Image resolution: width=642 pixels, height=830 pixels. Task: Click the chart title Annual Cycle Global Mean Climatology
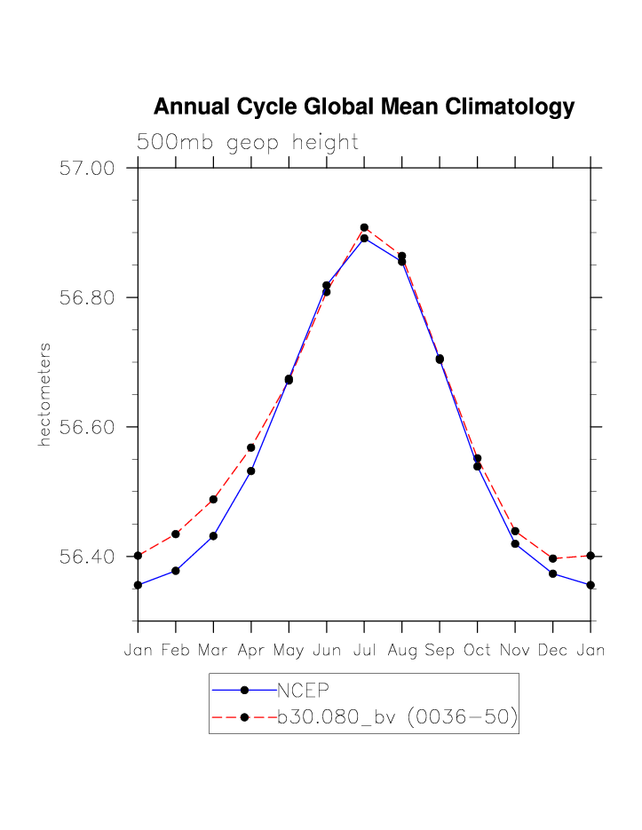tap(364, 107)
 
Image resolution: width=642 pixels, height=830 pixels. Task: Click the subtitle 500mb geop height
tap(247, 142)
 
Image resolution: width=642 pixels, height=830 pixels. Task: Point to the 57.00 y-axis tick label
tap(88, 168)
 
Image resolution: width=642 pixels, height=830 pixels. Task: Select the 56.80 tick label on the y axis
tap(88, 297)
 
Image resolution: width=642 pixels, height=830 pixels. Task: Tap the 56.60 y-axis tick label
tap(88, 427)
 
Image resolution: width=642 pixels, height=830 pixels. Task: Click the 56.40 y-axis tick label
tap(88, 557)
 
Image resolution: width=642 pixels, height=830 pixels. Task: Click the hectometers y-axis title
tap(44, 393)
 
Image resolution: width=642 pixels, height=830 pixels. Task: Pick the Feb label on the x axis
tap(176, 651)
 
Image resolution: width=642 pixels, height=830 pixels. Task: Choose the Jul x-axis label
tap(364, 651)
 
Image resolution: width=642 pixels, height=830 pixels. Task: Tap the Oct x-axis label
tap(478, 651)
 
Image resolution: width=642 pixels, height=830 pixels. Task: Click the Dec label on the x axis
tap(553, 651)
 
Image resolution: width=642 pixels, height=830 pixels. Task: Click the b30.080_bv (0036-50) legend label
tap(397, 716)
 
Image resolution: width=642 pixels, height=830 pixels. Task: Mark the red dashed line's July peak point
tap(364, 227)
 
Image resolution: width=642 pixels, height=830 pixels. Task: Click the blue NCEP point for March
tap(213, 536)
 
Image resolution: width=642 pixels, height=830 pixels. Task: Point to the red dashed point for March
tap(213, 500)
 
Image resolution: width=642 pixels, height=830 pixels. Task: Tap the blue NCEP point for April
tap(251, 470)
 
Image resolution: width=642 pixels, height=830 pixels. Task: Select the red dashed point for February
tap(176, 534)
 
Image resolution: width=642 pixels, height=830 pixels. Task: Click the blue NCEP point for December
tap(553, 573)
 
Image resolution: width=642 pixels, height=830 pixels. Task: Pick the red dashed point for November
tap(515, 531)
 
